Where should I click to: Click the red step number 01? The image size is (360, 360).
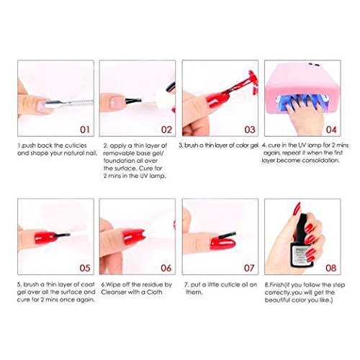pos(85,130)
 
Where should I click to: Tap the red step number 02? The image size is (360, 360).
pos(166,130)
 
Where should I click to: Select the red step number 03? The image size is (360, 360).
pos(250,130)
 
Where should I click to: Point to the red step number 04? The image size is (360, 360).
pos(331,130)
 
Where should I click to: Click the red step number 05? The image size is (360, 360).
pos(85,268)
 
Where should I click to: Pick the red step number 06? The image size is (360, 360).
pos(166,268)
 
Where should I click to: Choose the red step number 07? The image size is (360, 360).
pos(249,268)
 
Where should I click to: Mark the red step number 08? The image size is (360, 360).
pos(331,268)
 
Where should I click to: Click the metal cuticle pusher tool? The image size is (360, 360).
pos(69,104)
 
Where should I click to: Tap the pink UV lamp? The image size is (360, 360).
pos(302,88)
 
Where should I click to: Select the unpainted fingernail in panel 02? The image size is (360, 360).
pos(116,103)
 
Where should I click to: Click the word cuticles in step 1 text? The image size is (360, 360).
pos(76,145)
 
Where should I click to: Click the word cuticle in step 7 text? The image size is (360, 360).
pos(230,284)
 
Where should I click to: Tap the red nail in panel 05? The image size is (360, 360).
pos(45,237)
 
